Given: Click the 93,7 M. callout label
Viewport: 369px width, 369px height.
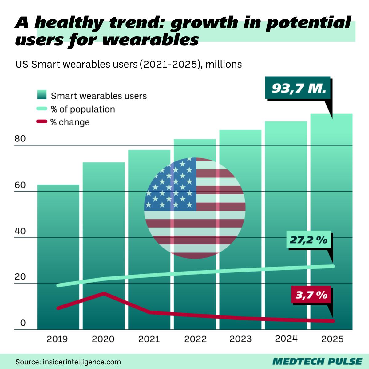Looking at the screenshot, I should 298,88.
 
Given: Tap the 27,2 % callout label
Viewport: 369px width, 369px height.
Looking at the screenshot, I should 308,240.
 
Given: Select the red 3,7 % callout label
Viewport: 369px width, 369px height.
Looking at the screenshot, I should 311,295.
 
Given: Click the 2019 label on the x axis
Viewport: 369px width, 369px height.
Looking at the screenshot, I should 57,339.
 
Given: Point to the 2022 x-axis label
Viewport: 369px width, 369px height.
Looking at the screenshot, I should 195,339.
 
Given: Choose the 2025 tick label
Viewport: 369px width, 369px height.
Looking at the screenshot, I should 332,339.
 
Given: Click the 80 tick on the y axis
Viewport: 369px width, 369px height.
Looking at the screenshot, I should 20,139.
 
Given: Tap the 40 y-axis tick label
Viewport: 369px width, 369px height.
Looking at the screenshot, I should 20,231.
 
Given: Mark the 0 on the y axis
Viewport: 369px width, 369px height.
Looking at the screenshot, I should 23,323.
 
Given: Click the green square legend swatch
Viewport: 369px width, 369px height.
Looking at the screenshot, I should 42,95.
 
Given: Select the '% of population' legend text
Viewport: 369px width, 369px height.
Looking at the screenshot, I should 83,109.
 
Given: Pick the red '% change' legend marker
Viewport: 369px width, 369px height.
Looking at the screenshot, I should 42,122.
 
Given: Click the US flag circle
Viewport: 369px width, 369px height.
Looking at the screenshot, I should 195,208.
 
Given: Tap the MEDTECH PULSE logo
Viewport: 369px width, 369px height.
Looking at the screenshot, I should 317,361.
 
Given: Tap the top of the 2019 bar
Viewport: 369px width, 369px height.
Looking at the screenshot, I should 58,185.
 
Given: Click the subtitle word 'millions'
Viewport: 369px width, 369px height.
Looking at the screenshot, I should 224,64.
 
